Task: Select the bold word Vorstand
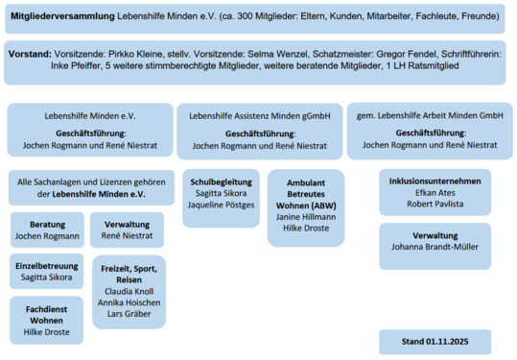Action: [30, 56]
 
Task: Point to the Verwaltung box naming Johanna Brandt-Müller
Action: [435, 246]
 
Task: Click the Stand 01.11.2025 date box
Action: [435, 341]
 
